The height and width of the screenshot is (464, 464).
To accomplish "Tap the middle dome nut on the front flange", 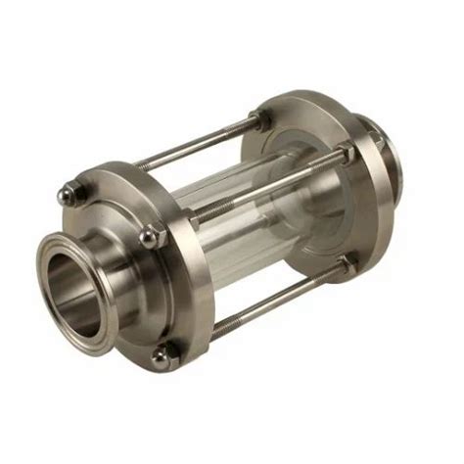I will [148, 236].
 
